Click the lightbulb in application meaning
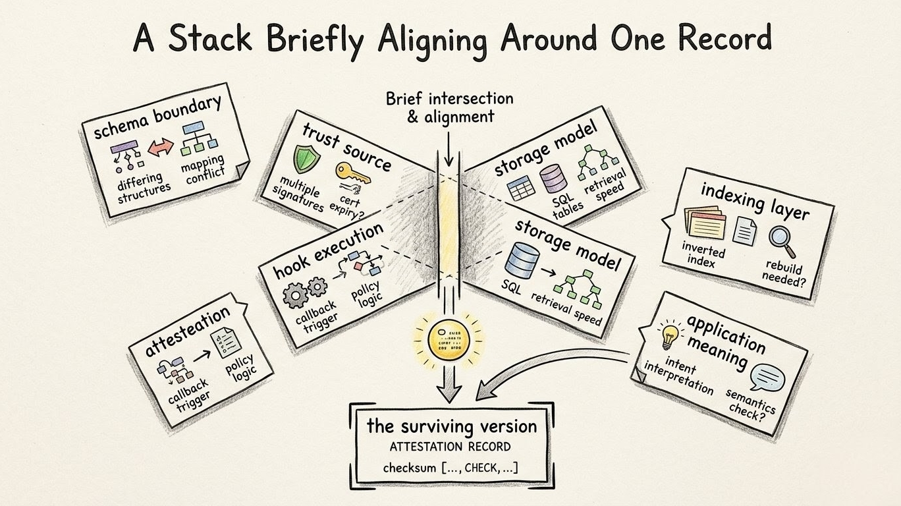click(669, 335)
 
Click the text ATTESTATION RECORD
click(450, 447)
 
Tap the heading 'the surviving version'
click(451, 426)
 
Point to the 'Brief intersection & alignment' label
click(449, 107)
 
